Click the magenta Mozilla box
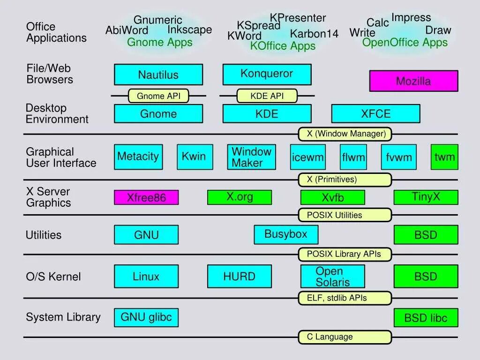[x=413, y=81]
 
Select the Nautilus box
[x=158, y=75]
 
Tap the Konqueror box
[x=267, y=74]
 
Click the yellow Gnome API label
[x=158, y=96]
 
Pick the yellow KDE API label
[x=267, y=96]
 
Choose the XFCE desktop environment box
[x=375, y=113]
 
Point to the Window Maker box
[x=251, y=157]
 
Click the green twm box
[x=444, y=157]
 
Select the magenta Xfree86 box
[x=146, y=197]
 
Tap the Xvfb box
[x=332, y=197]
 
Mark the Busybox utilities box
[x=286, y=234]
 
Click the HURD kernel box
[x=239, y=276]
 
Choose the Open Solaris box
[x=332, y=277]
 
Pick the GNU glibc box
[x=146, y=317]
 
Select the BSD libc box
[x=426, y=318]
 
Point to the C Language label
[x=345, y=337]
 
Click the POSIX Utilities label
[x=345, y=215]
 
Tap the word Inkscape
[x=190, y=30]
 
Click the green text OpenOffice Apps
[x=405, y=43]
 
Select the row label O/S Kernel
[x=53, y=277]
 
